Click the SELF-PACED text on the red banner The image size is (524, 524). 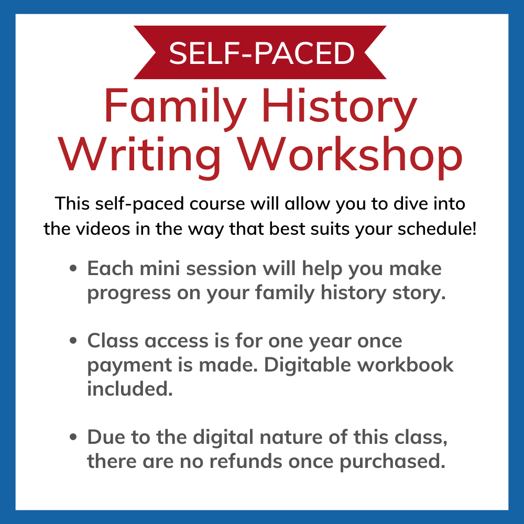pos(261,53)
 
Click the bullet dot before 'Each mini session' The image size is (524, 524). pos(73,268)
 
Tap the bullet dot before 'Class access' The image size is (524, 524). pos(73,341)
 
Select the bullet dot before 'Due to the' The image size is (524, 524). pos(73,437)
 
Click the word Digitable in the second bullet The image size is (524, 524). pos(308,365)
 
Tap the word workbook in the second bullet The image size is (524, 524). pos(406,364)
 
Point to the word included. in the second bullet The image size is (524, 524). pos(130,388)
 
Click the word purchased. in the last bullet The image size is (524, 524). pos(392,462)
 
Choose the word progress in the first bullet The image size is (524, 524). pos(129,293)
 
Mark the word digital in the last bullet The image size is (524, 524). pos(223,438)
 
